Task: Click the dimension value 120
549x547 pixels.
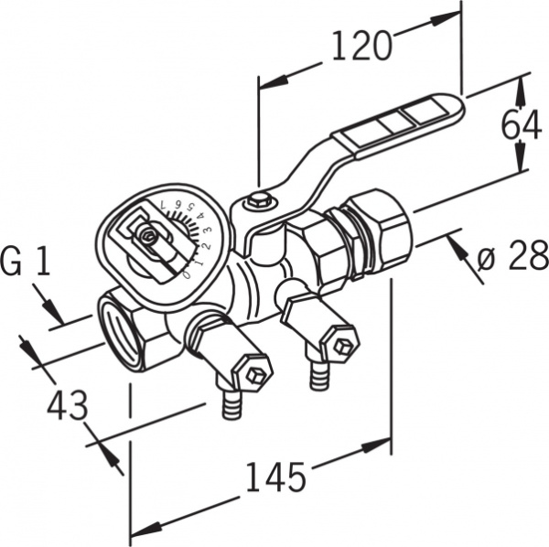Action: (x=361, y=46)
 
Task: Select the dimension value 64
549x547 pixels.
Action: (x=522, y=125)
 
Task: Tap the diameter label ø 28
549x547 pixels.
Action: (x=512, y=255)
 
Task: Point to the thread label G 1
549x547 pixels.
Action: (x=26, y=261)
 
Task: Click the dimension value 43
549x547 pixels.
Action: (x=68, y=405)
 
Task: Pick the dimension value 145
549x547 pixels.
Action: (x=276, y=477)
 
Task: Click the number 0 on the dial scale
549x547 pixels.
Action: (x=188, y=274)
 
